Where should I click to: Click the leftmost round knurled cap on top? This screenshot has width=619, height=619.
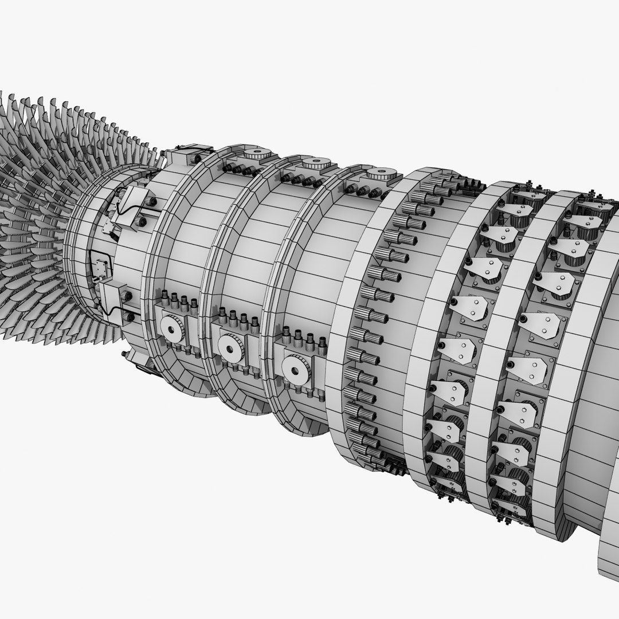pyautogui.click(x=258, y=154)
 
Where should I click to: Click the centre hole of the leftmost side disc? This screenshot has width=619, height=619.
pyautogui.click(x=170, y=329)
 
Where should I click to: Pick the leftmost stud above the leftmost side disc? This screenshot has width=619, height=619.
pyautogui.click(x=164, y=298)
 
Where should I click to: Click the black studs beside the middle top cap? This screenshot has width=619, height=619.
pyautogui.click(x=299, y=180)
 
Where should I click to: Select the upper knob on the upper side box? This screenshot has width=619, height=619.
pyautogui.click(x=151, y=201)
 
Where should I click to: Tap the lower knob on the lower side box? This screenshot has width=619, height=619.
pyautogui.click(x=129, y=316)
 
